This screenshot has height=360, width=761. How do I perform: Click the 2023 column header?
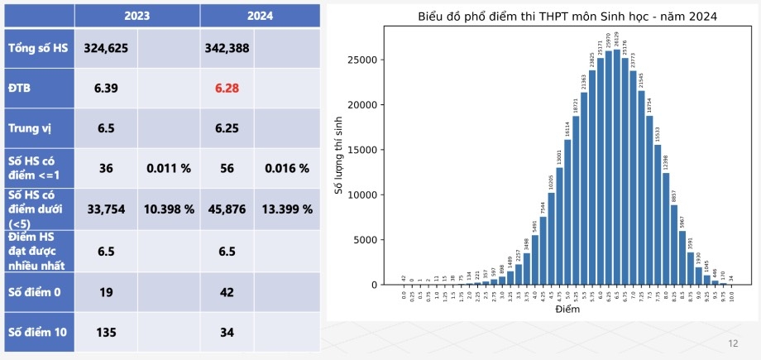[137, 15]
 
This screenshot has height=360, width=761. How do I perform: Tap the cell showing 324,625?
[106, 48]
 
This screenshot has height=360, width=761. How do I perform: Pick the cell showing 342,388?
[226, 48]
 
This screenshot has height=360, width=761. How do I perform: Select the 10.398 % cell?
[170, 209]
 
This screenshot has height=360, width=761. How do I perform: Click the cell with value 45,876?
[226, 209]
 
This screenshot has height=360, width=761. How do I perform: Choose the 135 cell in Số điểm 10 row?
[106, 333]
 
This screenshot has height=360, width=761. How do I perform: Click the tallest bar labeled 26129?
[617, 166]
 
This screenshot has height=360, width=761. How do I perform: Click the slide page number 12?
[732, 343]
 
